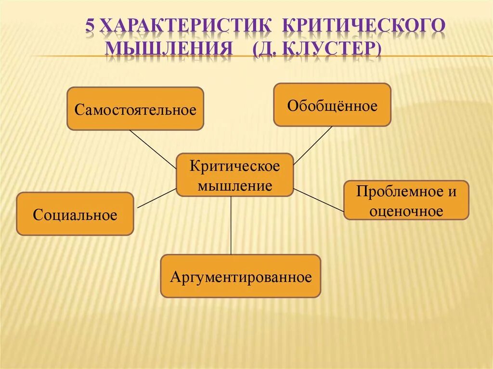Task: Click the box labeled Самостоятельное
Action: coord(135,109)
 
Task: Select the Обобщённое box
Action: coord(332,105)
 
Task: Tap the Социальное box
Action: coord(75,214)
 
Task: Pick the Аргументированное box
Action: coord(240,276)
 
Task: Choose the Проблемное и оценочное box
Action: coord(406,200)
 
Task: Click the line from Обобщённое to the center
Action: coord(313,145)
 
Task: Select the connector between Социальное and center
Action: coord(157,198)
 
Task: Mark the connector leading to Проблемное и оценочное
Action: coord(318,200)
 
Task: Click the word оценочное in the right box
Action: coord(406,211)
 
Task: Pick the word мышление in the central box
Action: coord(234,186)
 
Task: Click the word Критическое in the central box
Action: coord(234,166)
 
